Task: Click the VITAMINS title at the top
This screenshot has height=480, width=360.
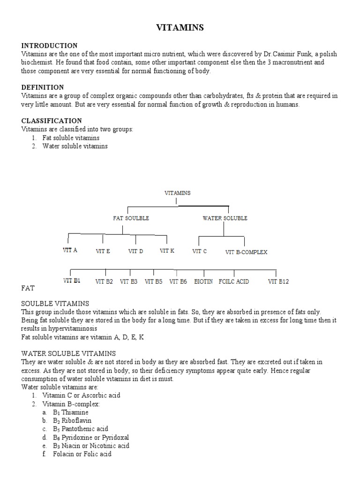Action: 180,28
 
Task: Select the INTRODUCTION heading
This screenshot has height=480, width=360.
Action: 49,45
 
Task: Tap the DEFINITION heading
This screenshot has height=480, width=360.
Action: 43,87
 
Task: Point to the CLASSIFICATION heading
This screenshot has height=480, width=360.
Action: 52,120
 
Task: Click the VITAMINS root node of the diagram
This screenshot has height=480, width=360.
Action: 178,193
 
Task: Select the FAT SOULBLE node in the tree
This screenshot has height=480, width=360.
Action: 131,218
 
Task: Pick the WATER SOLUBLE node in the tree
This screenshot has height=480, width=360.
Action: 225,218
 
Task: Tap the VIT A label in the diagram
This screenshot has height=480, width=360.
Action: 70,250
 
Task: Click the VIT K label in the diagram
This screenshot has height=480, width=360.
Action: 167,251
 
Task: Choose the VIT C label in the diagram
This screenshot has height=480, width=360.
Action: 199,252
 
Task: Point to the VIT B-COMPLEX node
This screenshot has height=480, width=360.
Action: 246,252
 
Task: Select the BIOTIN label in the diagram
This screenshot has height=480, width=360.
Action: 203,282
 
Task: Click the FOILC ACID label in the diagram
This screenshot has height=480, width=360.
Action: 234,282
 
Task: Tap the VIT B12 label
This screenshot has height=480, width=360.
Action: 278,282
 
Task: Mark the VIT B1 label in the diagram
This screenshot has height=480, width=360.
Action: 72,281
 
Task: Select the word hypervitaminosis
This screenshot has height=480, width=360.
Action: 56,329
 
